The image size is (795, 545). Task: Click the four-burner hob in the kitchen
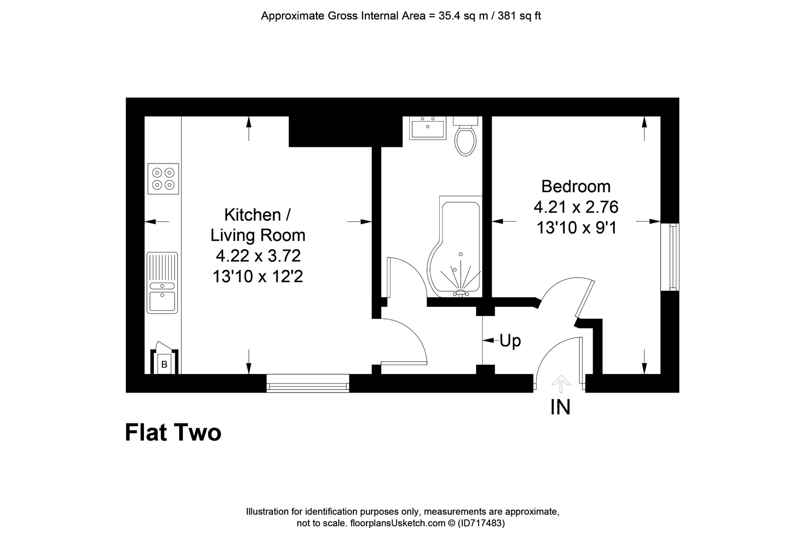(163, 179)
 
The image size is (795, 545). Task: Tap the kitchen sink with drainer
(162, 283)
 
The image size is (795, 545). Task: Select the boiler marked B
(165, 362)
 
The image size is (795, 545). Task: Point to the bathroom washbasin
(428, 128)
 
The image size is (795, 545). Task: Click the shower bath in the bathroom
(456, 246)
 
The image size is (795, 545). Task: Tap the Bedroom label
(576, 186)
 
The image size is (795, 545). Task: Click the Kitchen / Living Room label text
(257, 225)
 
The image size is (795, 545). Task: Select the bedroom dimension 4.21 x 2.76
(576, 207)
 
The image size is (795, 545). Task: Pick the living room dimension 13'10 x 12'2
(258, 277)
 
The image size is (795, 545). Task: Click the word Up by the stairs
(510, 341)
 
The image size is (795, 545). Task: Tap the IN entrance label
(560, 407)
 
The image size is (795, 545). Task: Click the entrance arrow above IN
(561, 384)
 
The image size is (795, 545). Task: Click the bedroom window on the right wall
(670, 257)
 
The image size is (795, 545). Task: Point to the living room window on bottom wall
(308, 383)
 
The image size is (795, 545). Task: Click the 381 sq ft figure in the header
(519, 16)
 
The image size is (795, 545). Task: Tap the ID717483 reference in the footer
(481, 523)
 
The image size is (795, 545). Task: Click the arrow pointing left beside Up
(489, 341)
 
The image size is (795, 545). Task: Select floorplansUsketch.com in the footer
(398, 523)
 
